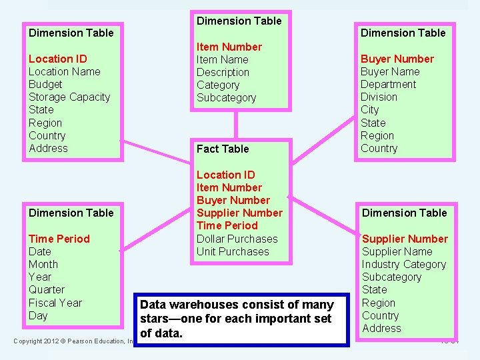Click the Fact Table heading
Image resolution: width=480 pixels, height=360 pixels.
coord(223,149)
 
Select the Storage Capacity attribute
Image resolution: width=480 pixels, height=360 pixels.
coord(69,97)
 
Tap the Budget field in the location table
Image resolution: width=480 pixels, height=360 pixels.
coord(45,84)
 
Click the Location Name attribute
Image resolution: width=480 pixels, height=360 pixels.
coord(64,71)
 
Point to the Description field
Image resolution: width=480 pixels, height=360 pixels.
coord(223,72)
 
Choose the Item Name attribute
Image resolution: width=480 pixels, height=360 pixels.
coord(222,59)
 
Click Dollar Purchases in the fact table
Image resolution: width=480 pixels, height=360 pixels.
coord(237,239)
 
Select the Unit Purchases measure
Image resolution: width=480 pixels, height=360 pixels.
coord(233,251)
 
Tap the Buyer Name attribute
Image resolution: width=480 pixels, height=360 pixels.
coord(390,71)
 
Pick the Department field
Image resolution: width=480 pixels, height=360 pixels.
coord(388,84)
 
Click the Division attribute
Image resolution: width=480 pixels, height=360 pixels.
coord(379,97)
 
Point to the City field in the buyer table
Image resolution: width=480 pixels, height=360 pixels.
coord(369,109)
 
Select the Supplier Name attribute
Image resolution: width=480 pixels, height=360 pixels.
coord(397,251)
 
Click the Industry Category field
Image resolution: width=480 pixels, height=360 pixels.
coord(403,264)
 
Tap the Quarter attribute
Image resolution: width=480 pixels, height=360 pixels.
coord(47,289)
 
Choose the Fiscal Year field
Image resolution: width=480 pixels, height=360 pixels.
coord(55,303)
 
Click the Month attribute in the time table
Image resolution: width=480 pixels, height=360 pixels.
coord(43,264)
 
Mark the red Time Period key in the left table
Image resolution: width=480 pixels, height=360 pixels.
coord(59,239)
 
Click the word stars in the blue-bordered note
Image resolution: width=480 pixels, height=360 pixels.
coord(155,319)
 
